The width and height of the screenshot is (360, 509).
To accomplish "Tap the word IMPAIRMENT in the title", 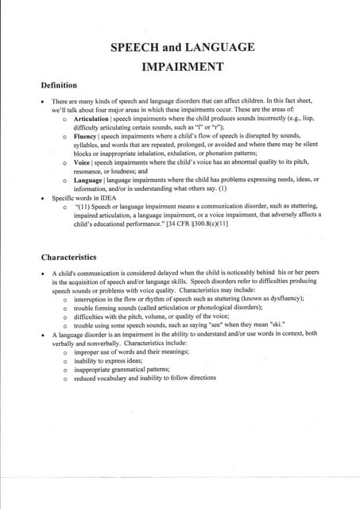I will click(182, 67).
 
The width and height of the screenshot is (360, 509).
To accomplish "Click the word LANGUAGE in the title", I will click(215, 48).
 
